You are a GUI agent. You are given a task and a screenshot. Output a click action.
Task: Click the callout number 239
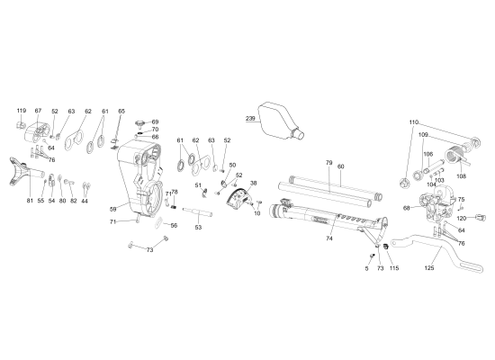coord(251,118)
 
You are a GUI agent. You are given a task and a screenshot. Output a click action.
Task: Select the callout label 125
coord(429,268)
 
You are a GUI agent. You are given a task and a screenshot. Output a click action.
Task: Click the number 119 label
coord(21,111)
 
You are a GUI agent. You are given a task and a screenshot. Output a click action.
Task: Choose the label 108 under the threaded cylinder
coord(462,176)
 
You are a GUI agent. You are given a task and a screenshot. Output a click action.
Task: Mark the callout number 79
coord(329,163)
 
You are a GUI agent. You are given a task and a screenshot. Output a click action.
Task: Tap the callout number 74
coord(329,238)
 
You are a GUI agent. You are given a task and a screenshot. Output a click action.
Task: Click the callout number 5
coord(367,268)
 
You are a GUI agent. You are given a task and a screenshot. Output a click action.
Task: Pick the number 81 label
coord(30,200)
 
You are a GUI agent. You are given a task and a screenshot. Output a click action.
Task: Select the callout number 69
coord(155,121)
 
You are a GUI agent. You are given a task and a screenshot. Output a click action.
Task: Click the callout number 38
coord(253,183)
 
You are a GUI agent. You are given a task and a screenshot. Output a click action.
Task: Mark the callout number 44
coord(85,201)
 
